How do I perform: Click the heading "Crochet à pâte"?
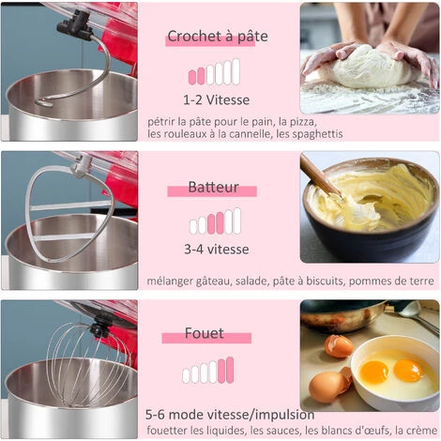point(217,37)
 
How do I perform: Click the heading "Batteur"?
point(213,188)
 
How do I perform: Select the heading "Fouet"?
point(204,333)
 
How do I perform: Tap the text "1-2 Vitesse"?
point(217,99)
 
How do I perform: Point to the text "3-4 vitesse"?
point(216,249)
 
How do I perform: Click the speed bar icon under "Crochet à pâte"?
point(214,72)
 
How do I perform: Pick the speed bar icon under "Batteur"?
point(215,221)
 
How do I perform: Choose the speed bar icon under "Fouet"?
point(208,371)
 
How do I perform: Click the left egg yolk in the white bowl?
point(373,372)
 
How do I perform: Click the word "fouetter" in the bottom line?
point(170,431)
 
